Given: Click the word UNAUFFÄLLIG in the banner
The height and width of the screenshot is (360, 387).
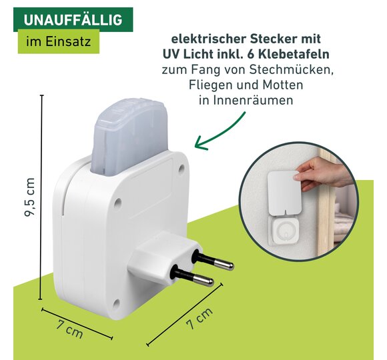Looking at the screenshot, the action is click(x=73, y=20).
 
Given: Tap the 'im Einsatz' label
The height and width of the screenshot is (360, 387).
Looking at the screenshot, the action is click(x=59, y=41).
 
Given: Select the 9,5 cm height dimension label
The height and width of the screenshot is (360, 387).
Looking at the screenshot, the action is click(x=29, y=197).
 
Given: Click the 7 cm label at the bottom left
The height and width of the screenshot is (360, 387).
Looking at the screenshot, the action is click(x=69, y=329).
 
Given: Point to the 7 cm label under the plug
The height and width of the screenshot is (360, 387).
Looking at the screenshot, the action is click(x=199, y=319).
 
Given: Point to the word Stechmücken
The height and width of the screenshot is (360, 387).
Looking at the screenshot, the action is click(x=291, y=69).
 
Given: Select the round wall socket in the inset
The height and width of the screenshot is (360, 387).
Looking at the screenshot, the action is click(x=285, y=232).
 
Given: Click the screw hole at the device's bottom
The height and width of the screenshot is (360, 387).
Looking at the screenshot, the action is click(x=116, y=303).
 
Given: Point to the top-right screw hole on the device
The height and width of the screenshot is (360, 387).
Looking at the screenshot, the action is click(x=181, y=169).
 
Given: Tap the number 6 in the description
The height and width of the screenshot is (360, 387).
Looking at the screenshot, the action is click(x=251, y=54).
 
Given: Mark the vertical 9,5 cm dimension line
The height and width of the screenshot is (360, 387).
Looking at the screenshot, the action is click(x=41, y=197).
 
